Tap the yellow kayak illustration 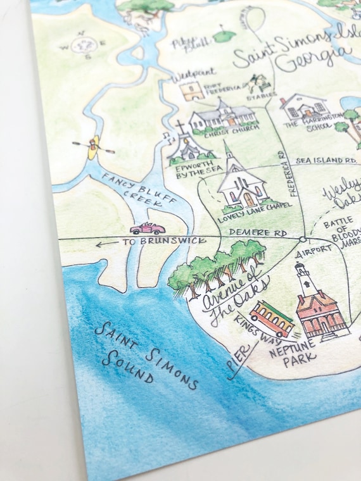(93, 147)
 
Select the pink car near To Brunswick (147, 228)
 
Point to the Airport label (314, 249)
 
